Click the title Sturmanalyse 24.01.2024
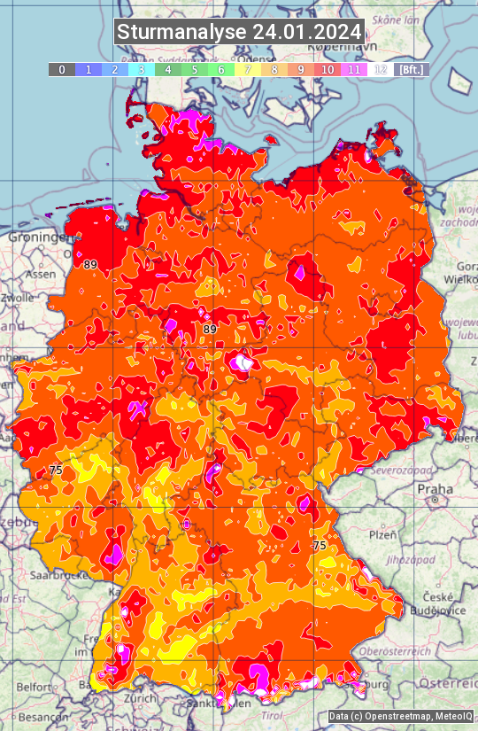[x=239, y=33]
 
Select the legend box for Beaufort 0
[x=61, y=69]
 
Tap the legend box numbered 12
[x=380, y=69]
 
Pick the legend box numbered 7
[x=247, y=69]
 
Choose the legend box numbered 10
[x=327, y=69]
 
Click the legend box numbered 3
[x=141, y=69]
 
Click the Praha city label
[x=436, y=488]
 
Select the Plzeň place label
[x=382, y=534]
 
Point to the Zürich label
[x=142, y=698]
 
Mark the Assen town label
[x=39, y=275]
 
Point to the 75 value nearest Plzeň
[x=320, y=546]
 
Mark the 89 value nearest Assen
[x=90, y=264]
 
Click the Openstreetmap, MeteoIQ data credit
[x=400, y=717]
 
